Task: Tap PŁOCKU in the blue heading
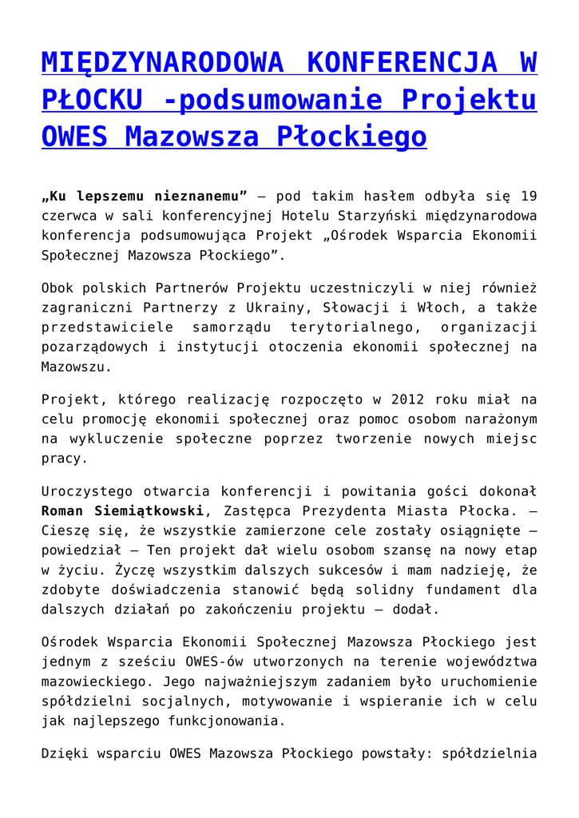click(x=92, y=100)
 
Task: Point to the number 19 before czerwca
click(x=528, y=196)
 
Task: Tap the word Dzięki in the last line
click(x=64, y=752)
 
